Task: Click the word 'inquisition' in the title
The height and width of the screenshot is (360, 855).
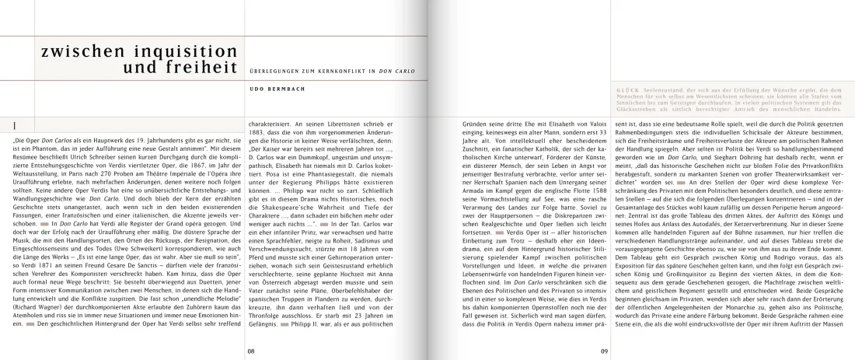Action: pyautogui.click(x=172, y=54)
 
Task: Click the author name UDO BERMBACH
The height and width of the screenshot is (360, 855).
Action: pyautogui.click(x=272, y=89)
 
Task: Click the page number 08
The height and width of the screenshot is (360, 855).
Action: pyautogui.click(x=251, y=349)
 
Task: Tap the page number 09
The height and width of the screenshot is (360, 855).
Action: pyautogui.click(x=603, y=349)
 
